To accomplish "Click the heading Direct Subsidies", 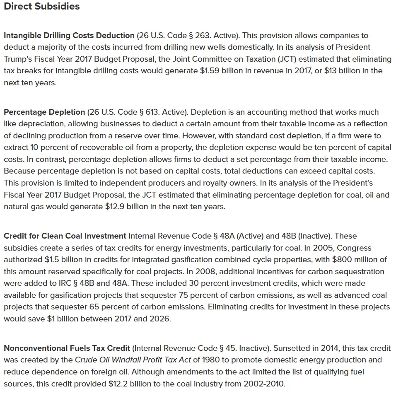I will tap(42, 7).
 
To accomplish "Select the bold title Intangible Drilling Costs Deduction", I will tap(69, 36).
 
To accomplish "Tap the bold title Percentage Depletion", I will tap(44, 112).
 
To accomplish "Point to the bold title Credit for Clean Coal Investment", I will tap(65, 236).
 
